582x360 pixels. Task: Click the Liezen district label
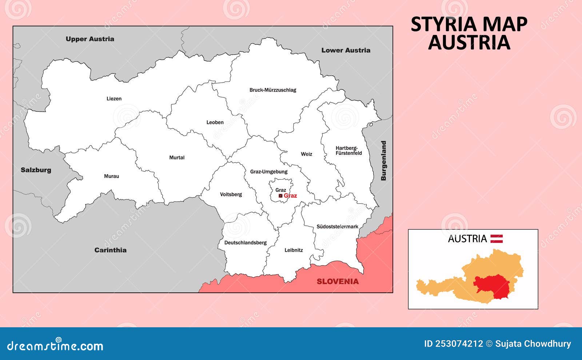(114, 99)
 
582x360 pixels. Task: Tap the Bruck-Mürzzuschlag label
(272, 90)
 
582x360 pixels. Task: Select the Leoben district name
(215, 122)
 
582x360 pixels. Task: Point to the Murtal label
(177, 157)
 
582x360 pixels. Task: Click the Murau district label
(111, 176)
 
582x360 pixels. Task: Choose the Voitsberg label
(231, 194)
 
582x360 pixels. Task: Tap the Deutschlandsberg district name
(245, 243)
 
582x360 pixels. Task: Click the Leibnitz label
(294, 250)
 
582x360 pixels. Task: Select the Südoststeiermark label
(337, 227)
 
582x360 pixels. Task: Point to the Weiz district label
(306, 154)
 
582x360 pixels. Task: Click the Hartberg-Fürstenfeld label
(348, 151)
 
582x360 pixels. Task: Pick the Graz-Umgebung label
(268, 172)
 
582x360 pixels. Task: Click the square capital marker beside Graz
(280, 196)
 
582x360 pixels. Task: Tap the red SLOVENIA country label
(337, 281)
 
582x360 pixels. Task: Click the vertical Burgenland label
(383, 161)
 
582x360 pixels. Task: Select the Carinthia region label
(110, 250)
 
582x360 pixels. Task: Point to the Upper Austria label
(90, 39)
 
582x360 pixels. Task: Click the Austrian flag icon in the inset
(497, 239)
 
